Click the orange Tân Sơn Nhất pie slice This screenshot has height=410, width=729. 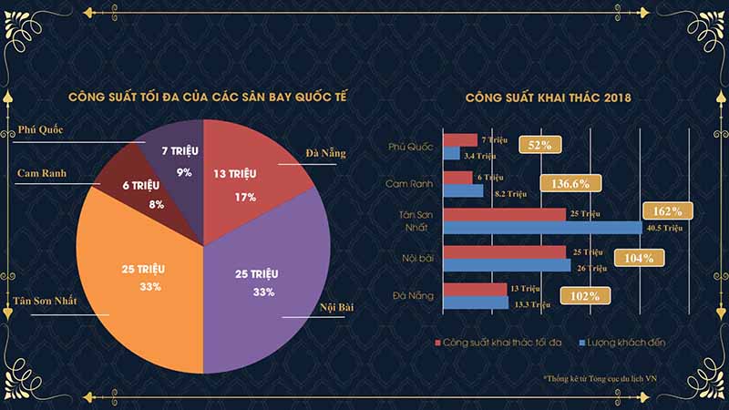coord(137,273)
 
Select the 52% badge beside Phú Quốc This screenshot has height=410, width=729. coord(539,145)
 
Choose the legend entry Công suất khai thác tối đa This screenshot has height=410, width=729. coord(506,341)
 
